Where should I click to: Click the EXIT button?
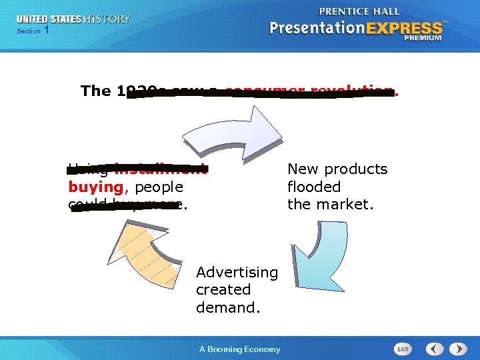coord(403,349)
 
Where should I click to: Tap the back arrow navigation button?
coord(435,349)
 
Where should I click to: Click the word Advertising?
coord(237,272)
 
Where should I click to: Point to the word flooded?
coord(313,187)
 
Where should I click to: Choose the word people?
coord(159,187)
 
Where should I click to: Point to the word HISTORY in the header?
coord(107,19)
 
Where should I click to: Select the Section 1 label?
coord(33,31)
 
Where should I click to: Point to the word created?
coord(223,290)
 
